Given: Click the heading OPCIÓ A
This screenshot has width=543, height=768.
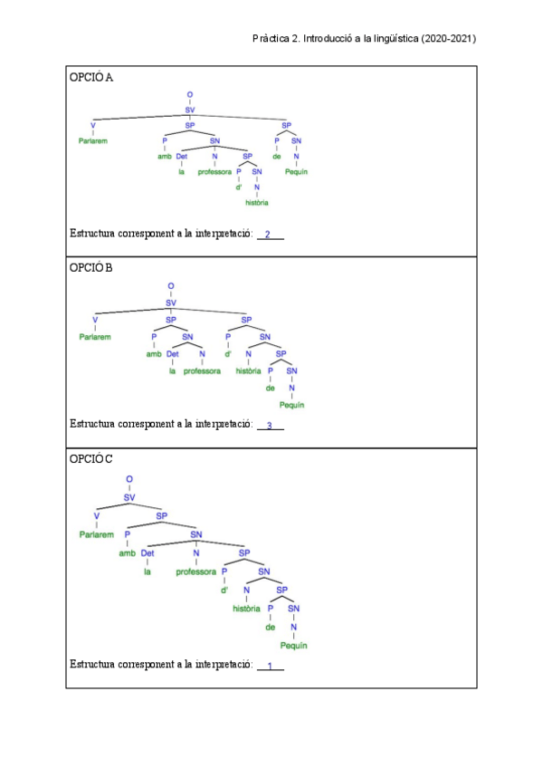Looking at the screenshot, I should click(x=91, y=78).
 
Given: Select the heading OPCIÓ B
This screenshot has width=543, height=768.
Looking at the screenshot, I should click(x=91, y=268).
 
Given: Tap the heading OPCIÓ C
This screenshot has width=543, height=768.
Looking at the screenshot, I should click(x=91, y=459).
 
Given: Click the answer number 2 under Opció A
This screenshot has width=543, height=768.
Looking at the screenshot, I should click(x=268, y=235).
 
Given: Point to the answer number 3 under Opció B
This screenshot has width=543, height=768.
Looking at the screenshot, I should click(x=269, y=425).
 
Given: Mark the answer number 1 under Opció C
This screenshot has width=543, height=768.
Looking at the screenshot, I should click(x=269, y=667).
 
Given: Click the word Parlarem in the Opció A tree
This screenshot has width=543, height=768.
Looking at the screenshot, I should click(x=94, y=141).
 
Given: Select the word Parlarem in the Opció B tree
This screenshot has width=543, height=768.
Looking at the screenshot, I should click(x=95, y=336).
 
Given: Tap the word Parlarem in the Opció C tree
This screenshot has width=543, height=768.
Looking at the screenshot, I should click(x=96, y=534).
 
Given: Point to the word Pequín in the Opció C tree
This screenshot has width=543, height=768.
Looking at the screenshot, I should click(x=293, y=646).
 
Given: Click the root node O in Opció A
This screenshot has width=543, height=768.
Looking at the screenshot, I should click(x=190, y=94).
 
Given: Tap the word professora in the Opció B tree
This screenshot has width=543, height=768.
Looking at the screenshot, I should click(x=202, y=371).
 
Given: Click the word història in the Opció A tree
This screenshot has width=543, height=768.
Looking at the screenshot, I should click(x=257, y=202).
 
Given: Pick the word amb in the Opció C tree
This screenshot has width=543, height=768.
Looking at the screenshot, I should click(x=127, y=552).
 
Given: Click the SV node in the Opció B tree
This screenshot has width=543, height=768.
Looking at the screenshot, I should click(x=171, y=303).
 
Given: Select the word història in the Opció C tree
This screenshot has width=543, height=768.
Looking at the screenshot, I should click(x=246, y=608).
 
